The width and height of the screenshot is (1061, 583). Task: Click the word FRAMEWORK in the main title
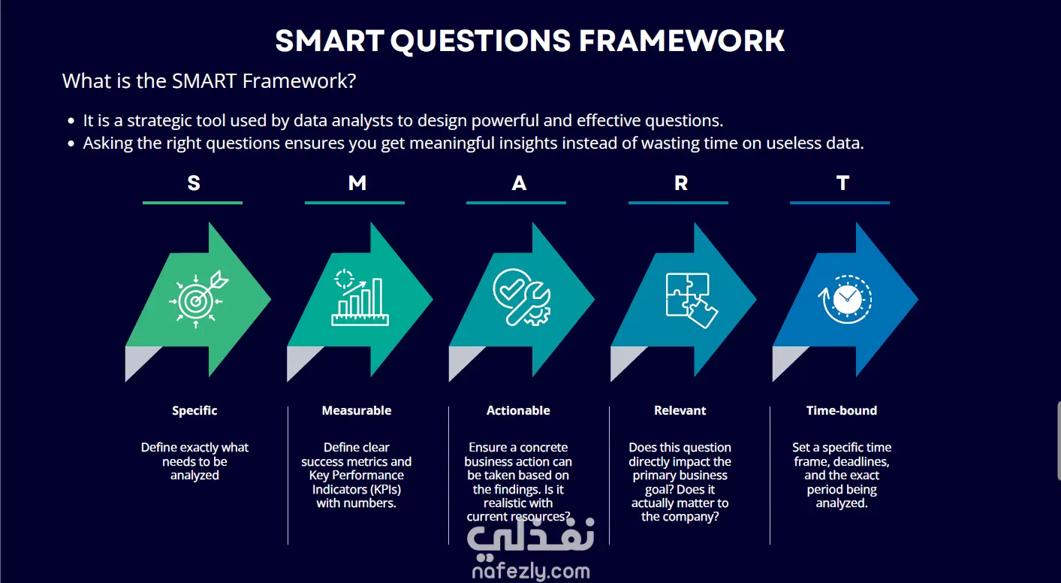point(682,41)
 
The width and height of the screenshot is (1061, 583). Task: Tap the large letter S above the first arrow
point(194,183)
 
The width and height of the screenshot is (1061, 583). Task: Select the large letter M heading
point(357,183)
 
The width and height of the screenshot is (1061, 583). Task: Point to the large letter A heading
point(519,183)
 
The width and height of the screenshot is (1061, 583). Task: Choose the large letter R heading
point(681,183)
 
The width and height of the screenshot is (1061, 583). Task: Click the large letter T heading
point(842,183)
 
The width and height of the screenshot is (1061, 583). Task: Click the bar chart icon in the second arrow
point(360,298)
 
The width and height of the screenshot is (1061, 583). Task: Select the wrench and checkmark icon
point(522,298)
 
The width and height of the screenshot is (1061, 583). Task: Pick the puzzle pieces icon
point(692,301)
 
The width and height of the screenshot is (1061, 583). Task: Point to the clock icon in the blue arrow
point(845,299)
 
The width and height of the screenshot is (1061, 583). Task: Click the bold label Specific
point(194,410)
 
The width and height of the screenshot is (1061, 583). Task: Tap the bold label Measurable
point(357,410)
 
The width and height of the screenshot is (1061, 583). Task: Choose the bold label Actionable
point(518,410)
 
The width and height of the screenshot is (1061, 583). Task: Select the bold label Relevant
point(680,410)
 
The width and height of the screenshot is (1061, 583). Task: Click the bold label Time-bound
point(842,410)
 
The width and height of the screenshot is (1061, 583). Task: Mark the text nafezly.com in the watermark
point(531,571)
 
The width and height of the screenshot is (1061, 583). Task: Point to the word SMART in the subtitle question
point(204,81)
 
